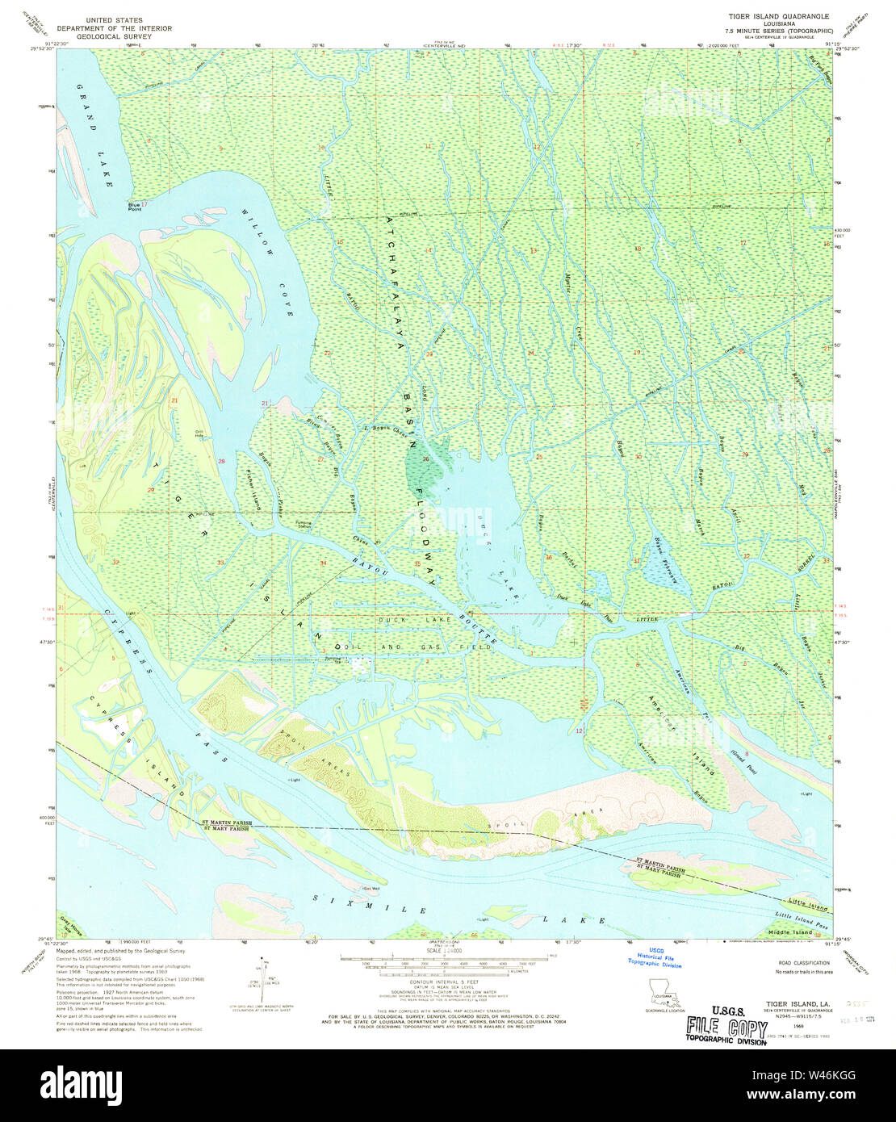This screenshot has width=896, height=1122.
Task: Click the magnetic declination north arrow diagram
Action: point(262,983)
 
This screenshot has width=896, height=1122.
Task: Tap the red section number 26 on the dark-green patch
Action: point(425,460)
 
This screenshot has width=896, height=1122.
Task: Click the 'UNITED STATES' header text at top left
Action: point(115,19)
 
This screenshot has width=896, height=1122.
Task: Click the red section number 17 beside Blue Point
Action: point(144,203)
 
